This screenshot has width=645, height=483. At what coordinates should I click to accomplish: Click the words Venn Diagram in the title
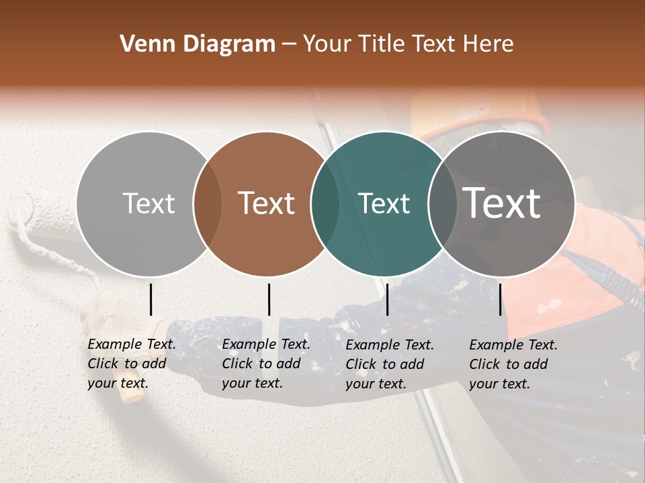197,44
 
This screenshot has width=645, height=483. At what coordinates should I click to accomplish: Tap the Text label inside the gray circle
148,203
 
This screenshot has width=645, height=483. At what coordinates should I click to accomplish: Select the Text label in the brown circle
267,203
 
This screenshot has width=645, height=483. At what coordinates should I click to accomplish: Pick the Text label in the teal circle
384,203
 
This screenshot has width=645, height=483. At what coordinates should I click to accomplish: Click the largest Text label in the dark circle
502,203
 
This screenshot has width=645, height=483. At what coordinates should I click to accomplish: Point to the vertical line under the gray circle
150,299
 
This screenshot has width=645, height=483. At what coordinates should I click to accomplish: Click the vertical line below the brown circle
269,299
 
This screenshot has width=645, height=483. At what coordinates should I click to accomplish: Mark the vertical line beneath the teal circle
387,299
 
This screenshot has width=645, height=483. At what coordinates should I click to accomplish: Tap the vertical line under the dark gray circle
500,299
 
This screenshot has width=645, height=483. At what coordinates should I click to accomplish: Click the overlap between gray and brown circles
208,203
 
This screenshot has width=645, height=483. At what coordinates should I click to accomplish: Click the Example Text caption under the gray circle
132,364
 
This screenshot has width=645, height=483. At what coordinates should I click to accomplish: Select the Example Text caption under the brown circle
266,364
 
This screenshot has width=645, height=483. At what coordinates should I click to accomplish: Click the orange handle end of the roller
131,395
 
